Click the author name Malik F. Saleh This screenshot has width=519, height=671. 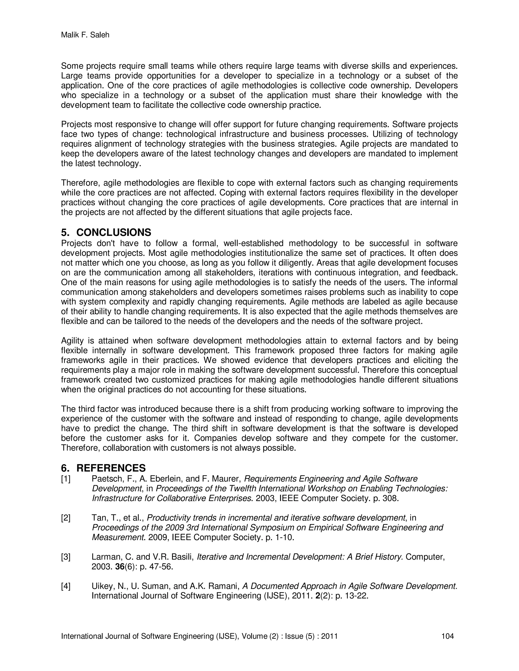coord(85,35)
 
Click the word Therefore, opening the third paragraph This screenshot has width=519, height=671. coord(81,183)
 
